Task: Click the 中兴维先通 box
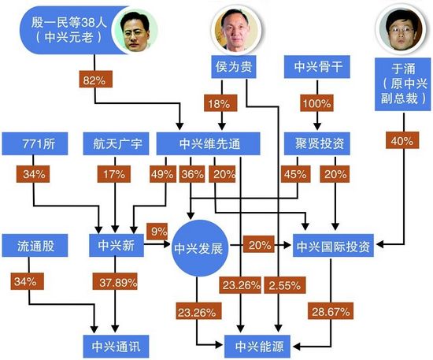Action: [208, 143]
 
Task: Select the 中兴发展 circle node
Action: [199, 248]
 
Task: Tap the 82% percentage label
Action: [95, 80]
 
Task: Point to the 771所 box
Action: [35, 143]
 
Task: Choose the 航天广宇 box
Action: [116, 143]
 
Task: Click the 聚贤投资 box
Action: [317, 143]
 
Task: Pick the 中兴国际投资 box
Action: [333, 246]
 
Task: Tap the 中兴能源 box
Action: [257, 347]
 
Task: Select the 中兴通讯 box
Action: [116, 347]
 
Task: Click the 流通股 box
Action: [35, 246]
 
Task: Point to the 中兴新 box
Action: [117, 246]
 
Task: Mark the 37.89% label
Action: [115, 281]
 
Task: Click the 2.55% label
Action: [285, 284]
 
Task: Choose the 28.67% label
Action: [331, 311]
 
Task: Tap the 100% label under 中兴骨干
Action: [316, 103]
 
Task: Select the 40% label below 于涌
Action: [402, 140]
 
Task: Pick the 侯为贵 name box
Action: [234, 67]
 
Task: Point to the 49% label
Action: [163, 174]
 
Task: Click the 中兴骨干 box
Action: [317, 67]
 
